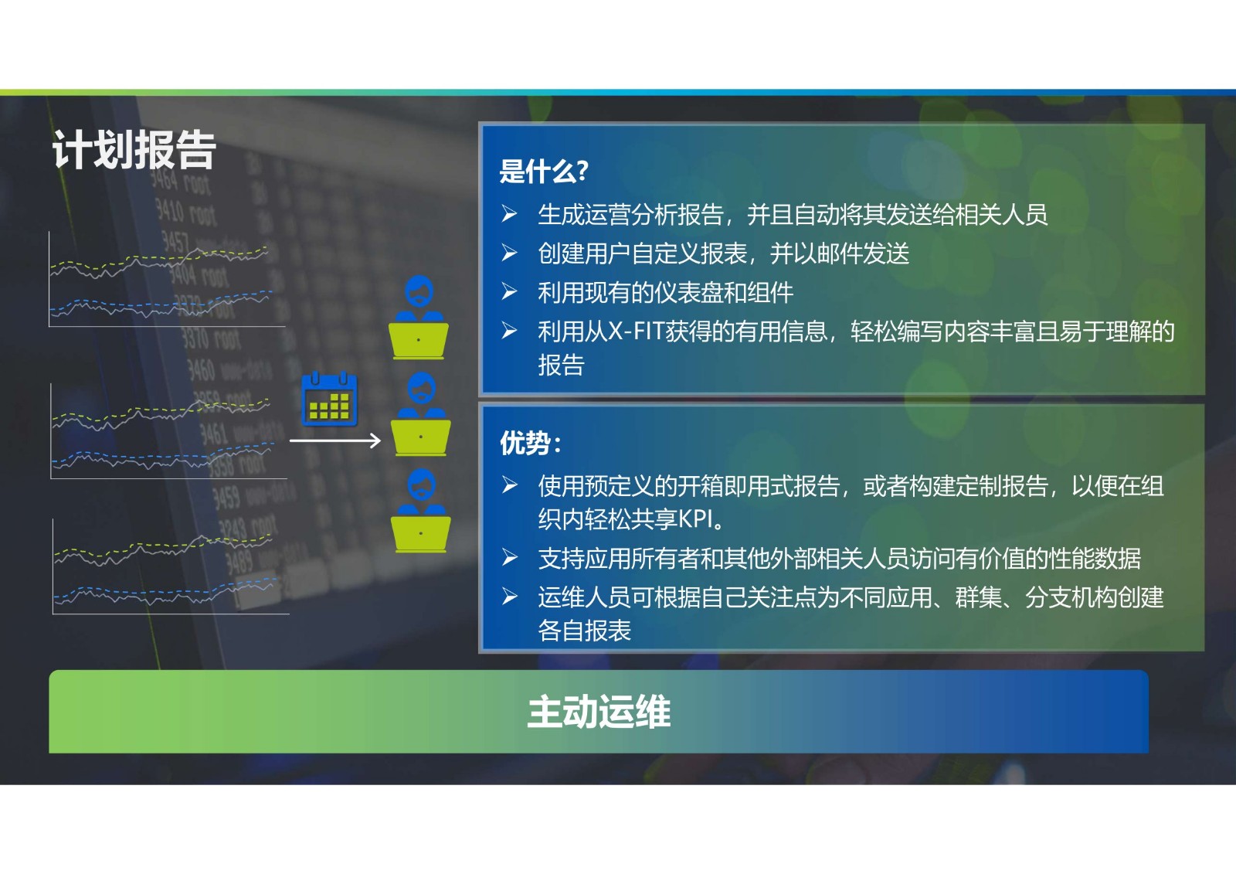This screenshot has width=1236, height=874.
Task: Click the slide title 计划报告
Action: click(134, 150)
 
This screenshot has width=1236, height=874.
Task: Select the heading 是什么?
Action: click(544, 171)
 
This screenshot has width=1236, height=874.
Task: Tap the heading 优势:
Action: click(531, 443)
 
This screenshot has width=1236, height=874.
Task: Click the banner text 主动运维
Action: click(599, 712)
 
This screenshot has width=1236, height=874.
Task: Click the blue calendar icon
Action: click(329, 399)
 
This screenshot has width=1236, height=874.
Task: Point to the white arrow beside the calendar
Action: click(335, 440)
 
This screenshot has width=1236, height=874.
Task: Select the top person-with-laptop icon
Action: click(418, 318)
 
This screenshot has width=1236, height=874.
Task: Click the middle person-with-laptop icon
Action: click(420, 414)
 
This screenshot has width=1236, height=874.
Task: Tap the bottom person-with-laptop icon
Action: click(420, 511)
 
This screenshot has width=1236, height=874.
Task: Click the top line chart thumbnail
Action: click(167, 280)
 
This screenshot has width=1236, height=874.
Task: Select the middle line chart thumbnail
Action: click(168, 431)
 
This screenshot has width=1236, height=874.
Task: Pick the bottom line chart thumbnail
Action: click(171, 566)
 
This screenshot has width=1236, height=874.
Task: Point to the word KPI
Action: click(695, 519)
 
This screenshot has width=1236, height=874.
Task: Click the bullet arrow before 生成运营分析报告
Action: click(509, 213)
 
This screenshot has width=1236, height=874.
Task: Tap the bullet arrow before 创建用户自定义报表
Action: click(509, 253)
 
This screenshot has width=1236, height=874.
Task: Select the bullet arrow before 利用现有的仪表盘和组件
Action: click(509, 291)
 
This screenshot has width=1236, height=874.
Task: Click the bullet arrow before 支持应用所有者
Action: click(510, 558)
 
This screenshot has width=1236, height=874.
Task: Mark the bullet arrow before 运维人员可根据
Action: click(510, 597)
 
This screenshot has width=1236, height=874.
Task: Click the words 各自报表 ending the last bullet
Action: click(584, 630)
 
